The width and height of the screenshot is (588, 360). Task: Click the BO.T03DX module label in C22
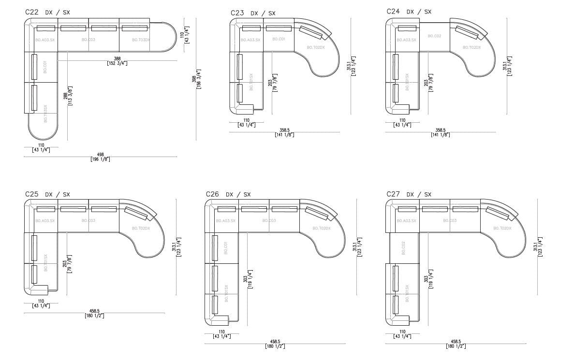click(141, 40)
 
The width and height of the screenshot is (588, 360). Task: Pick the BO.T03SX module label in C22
click(45, 113)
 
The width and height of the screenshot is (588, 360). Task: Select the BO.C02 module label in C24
click(434, 36)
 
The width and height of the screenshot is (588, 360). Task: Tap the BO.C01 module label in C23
click(279, 39)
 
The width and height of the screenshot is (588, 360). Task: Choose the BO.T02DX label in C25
click(141, 228)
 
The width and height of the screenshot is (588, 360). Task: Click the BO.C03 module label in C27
click(450, 221)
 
